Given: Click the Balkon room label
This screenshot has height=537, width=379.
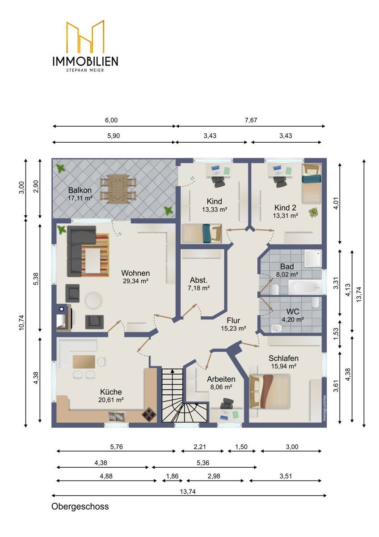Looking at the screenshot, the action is tap(80, 190).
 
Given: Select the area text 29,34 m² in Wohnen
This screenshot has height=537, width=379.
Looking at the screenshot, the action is tap(135, 281).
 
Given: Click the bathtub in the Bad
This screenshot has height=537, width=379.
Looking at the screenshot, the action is tap(304, 287).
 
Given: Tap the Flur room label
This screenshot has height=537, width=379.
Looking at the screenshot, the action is tap(233, 320).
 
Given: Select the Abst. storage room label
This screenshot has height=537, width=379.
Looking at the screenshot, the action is tap(198, 280).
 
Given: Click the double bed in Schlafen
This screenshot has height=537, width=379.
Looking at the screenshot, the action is tap(270, 391).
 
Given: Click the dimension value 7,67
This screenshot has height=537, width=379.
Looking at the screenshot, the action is tap(251, 120).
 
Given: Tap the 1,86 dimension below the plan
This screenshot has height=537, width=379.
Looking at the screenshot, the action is tap(173, 476).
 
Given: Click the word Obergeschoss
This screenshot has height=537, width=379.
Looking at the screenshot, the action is tap(80, 506).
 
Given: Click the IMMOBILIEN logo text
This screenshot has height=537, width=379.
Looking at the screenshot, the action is tap(85, 61).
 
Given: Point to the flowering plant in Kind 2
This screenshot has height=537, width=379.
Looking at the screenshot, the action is tap(314, 213).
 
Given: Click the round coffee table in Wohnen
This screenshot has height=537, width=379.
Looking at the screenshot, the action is tap(94, 300).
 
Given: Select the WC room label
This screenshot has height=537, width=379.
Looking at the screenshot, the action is tap(293, 311).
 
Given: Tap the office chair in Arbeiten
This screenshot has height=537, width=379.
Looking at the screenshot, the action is tap(227, 404).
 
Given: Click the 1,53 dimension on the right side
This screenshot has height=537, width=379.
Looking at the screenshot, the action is tap(336, 333).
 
